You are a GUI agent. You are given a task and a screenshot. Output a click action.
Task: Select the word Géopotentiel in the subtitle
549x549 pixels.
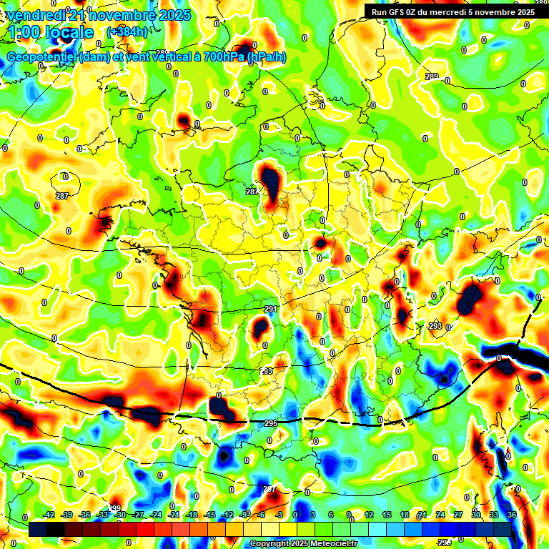[42, 57]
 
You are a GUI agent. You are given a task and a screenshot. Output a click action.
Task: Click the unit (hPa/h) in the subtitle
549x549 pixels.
[267, 57]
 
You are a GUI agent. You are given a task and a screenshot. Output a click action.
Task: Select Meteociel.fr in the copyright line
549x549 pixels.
[327, 544]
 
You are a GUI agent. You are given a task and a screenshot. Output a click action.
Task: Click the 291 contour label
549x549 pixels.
[271, 309]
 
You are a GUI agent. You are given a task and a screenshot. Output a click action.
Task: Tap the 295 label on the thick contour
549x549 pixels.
[271, 423]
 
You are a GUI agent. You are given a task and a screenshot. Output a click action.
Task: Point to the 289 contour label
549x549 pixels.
[431, 76]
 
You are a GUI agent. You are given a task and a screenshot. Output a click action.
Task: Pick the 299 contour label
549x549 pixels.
[116, 508]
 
